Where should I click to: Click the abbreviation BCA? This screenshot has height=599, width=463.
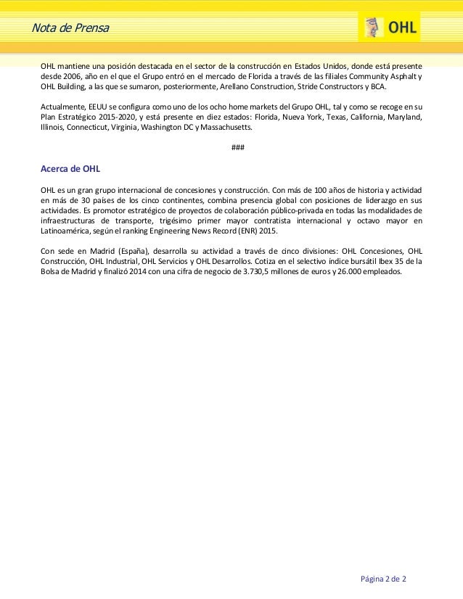click(379, 84)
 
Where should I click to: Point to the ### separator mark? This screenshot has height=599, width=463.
click(237, 149)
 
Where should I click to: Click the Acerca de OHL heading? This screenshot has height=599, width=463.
click(70, 169)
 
